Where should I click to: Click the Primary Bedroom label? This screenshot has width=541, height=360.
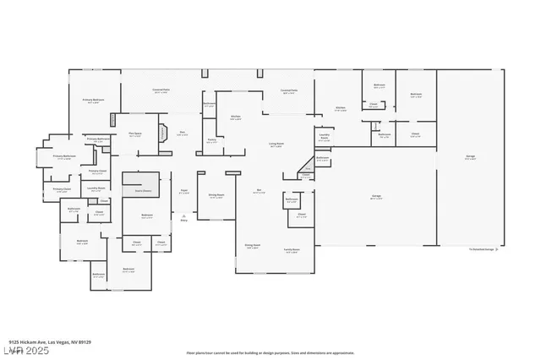coord(94,101)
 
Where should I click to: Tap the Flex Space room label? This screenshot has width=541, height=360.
coord(134,134)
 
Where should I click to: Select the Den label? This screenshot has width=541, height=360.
coord(183,133)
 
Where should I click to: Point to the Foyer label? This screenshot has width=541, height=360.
coord(183,192)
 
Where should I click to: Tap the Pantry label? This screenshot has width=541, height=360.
coord(211,142)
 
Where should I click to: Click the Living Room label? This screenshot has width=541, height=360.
coord(276,145)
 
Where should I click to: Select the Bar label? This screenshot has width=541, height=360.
coord(259,191)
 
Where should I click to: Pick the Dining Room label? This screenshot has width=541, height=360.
coord(216,196)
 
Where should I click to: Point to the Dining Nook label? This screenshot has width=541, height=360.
coord(251,246)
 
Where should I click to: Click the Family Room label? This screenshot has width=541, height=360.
coord(292,251)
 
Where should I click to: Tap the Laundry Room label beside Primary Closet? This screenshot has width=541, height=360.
coord(96,188)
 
